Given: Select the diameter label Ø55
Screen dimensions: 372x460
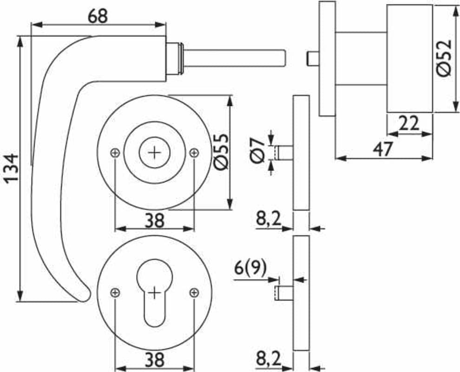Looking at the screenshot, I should click(x=221, y=152).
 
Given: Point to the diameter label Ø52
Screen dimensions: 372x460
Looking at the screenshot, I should click(x=444, y=58).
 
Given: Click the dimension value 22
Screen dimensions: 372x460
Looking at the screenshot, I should click(x=409, y=124).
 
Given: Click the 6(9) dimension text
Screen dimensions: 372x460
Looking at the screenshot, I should click(x=250, y=269).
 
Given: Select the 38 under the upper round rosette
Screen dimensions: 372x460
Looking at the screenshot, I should click(x=154, y=220).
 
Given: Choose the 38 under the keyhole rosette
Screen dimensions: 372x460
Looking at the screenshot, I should click(x=154, y=359).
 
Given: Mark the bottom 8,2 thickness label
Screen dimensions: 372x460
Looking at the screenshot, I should click(x=269, y=359).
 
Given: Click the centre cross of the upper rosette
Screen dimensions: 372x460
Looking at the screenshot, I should click(x=154, y=152).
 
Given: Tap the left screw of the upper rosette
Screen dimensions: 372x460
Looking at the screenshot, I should click(x=115, y=152).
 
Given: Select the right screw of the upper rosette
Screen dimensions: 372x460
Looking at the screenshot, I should click(x=194, y=152).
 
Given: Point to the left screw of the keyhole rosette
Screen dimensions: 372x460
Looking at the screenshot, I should click(x=115, y=292).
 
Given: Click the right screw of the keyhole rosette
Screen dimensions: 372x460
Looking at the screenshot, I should click(x=194, y=292).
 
